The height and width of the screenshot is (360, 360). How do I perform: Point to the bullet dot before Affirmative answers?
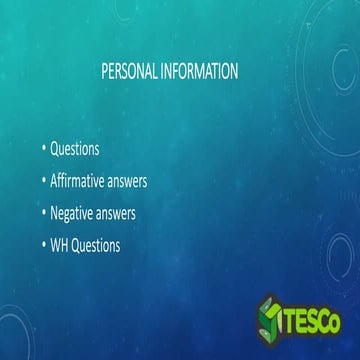pos(44,181)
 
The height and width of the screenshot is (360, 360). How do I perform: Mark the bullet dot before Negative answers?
pos(44,213)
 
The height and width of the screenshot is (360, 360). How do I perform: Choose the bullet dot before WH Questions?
pos(44,245)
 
